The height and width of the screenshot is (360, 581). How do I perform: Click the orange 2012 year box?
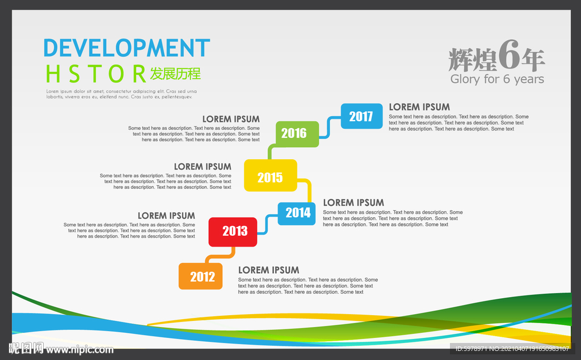[200, 276]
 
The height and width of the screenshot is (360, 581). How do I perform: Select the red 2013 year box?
[233, 232]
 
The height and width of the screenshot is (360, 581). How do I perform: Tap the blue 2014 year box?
[297, 214]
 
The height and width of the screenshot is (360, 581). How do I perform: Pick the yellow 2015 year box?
[271, 176]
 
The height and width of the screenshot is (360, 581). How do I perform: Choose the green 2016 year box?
[297, 134]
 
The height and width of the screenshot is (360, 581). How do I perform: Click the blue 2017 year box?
[361, 116]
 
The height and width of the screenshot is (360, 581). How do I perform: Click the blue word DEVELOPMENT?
[127, 48]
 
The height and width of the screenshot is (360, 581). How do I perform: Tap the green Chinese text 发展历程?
[175, 74]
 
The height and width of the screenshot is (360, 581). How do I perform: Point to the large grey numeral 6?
[509, 55]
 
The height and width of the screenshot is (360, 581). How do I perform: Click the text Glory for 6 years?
[497, 79]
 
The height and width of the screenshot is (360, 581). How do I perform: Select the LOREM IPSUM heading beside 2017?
[419, 107]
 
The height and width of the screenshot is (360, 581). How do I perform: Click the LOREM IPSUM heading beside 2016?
[231, 119]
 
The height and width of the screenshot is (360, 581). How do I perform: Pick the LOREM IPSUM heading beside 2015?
[203, 167]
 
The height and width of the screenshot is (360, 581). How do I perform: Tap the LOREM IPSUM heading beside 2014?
[353, 202]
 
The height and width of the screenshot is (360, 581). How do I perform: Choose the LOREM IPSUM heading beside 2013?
[166, 215]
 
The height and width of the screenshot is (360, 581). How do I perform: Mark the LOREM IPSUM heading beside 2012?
[268, 270]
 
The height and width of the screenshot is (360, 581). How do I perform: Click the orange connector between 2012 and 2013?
[221, 256]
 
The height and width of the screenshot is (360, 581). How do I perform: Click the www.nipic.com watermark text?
[79, 349]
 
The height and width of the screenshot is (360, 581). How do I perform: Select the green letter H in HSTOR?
[53, 74]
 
